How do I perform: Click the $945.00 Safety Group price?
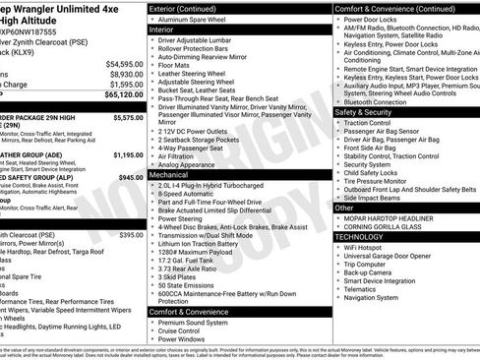pos(131,178)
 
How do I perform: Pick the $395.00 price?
pos(131,236)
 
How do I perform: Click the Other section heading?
pos(344,209)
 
